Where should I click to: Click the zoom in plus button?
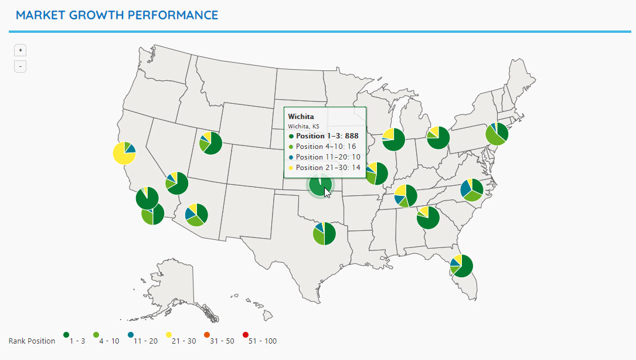(20, 50)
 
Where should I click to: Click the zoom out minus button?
(20, 66)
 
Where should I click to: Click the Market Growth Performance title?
(117, 15)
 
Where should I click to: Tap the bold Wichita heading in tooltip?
(301, 117)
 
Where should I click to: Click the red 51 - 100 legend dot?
(246, 335)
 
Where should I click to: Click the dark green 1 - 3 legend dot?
(66, 335)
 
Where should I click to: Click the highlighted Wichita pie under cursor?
(320, 185)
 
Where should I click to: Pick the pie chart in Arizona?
(196, 215)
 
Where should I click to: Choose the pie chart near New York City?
(497, 134)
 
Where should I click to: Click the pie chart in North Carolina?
(472, 190)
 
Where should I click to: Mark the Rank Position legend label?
(32, 341)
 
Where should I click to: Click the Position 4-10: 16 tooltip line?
(325, 147)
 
